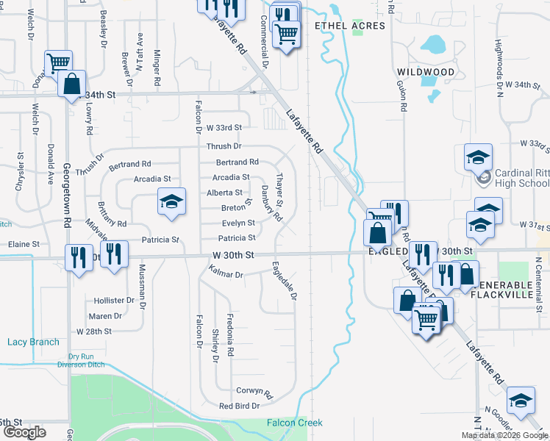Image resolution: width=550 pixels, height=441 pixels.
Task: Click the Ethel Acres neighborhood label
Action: coord(349,26)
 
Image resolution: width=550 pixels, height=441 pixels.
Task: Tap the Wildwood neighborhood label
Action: coord(426,72)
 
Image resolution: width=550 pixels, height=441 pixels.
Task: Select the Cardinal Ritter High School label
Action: coord(521,178)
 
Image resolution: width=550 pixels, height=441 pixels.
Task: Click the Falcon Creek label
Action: coord(293,423)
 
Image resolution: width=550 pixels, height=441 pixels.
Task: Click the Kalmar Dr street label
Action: coord(226,274)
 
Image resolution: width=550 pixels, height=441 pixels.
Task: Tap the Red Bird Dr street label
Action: coord(240,406)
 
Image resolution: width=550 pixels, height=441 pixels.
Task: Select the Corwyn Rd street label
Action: coord(254,392)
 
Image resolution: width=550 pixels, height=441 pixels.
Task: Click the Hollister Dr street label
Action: coord(114,301)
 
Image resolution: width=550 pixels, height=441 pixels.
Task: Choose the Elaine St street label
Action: coord(23,243)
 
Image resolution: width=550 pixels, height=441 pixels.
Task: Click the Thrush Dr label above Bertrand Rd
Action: coord(224,147)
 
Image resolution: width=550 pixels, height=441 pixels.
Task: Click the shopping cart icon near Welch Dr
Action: coord(58,62)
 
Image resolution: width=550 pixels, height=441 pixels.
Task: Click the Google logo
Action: coord(25,432)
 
